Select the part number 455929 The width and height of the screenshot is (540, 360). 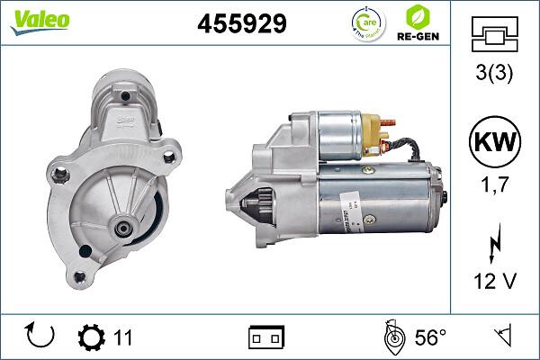point(241,24)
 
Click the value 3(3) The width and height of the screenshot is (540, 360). point(495,73)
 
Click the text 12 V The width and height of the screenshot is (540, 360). point(495,282)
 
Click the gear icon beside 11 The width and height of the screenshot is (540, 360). point(92,337)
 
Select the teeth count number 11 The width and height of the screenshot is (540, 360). point(123,337)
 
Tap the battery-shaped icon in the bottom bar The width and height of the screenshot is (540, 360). point(266,337)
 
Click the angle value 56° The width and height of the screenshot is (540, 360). point(429,337)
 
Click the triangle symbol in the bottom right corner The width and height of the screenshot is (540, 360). point(502,337)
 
